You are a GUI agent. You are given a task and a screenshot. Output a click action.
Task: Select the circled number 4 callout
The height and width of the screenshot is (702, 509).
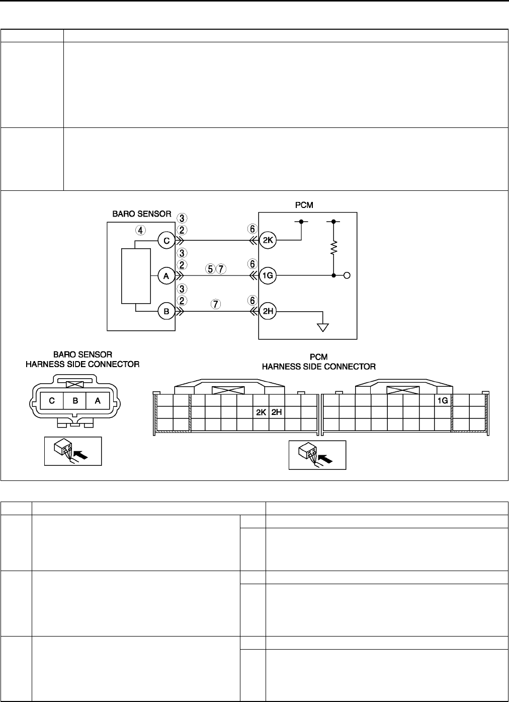[142, 230]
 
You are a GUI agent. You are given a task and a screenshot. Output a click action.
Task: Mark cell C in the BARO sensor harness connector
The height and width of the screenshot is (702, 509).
[52, 401]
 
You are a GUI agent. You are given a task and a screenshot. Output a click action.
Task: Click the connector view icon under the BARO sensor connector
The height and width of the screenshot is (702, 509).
[73, 451]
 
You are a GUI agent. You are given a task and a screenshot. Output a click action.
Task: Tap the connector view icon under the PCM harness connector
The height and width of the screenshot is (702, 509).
[317, 455]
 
